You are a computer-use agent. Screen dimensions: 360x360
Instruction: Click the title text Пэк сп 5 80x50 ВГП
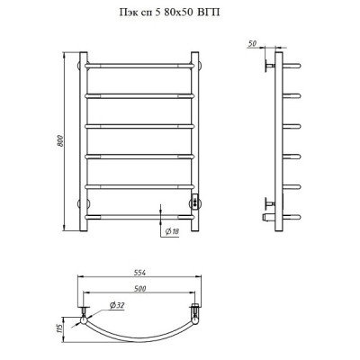point(169,13)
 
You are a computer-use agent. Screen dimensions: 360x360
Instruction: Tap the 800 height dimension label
point(60,141)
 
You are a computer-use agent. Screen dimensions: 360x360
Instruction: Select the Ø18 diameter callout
point(172,231)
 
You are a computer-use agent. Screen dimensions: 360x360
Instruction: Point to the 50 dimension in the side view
point(253,43)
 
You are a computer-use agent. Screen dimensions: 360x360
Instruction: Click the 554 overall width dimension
point(139,273)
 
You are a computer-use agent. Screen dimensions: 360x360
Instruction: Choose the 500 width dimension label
point(139,289)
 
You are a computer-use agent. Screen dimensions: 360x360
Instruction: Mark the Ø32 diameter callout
point(117,306)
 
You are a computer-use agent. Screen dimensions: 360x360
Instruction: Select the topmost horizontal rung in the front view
point(139,66)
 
